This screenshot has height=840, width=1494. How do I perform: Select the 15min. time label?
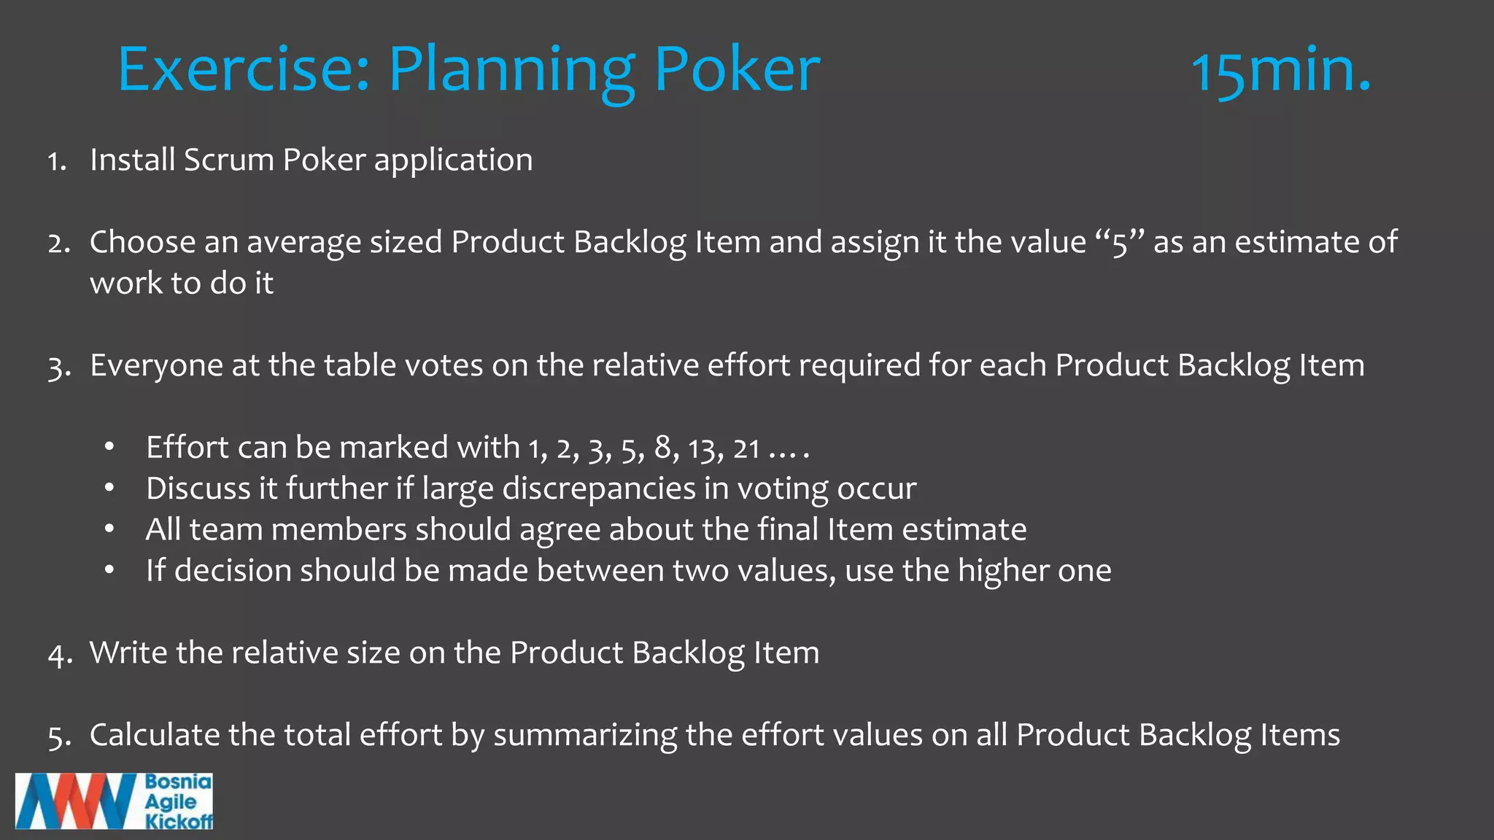click(1280, 71)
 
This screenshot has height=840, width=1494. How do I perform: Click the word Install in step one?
click(132, 160)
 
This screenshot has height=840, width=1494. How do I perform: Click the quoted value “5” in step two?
click(1120, 242)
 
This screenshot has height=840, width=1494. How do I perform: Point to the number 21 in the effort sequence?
click(746, 448)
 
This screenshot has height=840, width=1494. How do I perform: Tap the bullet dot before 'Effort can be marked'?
click(109, 447)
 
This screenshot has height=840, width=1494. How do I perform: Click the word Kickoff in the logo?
click(179, 821)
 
